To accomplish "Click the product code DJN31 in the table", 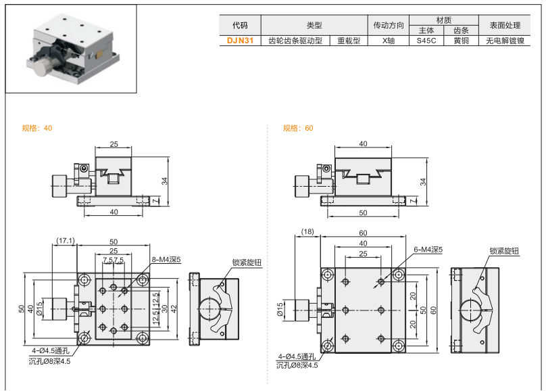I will (x=241, y=41).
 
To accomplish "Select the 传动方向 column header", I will (x=388, y=26).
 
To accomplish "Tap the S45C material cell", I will (x=426, y=41).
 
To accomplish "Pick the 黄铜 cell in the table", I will (x=461, y=41).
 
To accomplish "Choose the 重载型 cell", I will (x=349, y=41).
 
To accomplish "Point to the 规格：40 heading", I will (x=37, y=128).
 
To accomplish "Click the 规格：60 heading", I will (x=298, y=128).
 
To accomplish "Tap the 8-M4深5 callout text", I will (x=166, y=260).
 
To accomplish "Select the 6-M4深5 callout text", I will (x=427, y=250).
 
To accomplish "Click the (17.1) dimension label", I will (x=66, y=241).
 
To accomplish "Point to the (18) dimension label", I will (x=307, y=232).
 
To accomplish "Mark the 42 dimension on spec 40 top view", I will (x=174, y=308).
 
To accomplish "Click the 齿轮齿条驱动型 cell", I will (x=295, y=41).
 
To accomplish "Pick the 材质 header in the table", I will (x=443, y=20).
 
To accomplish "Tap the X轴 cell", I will (x=388, y=41).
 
